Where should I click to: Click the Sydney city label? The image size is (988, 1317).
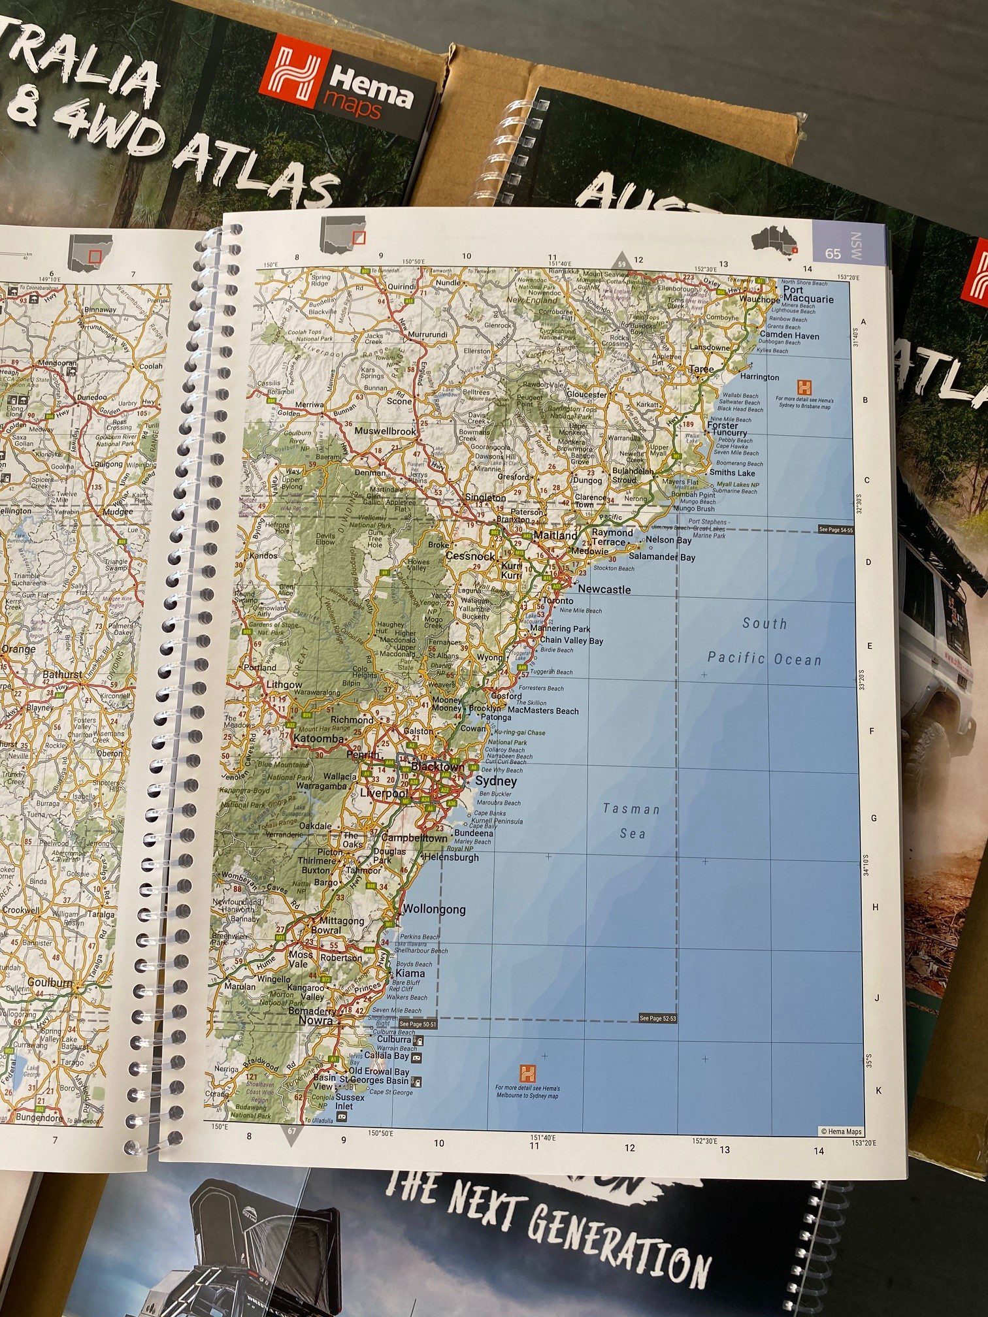[495, 781]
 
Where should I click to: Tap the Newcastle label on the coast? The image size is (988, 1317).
[604, 590]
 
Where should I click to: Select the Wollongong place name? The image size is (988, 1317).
[435, 909]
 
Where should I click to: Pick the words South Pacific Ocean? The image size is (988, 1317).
[765, 642]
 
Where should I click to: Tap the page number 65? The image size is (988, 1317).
[832, 253]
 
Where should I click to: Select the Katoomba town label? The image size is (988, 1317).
[319, 739]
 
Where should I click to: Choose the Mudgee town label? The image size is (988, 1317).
[118, 512]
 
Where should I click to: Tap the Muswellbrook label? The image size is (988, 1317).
[385, 432]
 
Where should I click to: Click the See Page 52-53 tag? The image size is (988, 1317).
[657, 1018]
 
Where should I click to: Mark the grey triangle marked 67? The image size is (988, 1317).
[291, 1135]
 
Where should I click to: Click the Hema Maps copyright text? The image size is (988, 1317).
[841, 1132]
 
